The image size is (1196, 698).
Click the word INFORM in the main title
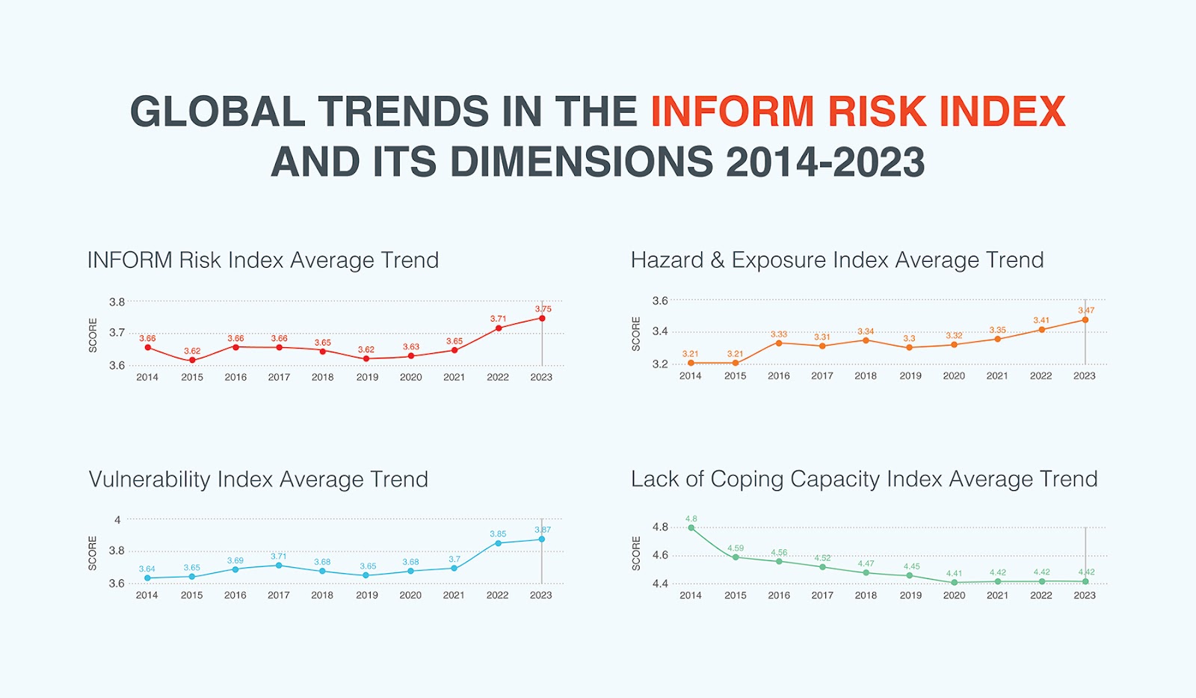[732, 112]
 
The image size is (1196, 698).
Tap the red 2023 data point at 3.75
[542, 318]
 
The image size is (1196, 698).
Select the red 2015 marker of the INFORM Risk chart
[192, 361]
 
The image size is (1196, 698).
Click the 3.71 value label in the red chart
[498, 319]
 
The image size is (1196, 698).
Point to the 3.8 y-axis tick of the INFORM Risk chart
[117, 302]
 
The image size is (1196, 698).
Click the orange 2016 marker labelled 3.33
[779, 343]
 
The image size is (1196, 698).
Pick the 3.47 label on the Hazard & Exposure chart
[1085, 310]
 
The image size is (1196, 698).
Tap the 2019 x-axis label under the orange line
[910, 376]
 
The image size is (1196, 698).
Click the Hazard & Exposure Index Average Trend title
[836, 260]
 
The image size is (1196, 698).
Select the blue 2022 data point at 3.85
[499, 543]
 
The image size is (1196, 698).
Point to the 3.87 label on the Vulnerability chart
[542, 530]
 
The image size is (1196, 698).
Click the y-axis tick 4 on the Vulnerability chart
[117, 520]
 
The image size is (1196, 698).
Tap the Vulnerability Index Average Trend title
[258, 480]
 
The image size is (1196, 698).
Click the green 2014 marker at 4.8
[691, 528]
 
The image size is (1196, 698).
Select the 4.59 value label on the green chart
[735, 548]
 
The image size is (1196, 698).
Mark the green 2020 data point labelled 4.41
[954, 582]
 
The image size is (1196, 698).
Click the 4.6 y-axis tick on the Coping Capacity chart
[660, 555]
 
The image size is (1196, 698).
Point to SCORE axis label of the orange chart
[636, 334]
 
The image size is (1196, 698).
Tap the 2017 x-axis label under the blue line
[278, 596]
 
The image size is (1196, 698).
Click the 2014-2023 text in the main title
[824, 163]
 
